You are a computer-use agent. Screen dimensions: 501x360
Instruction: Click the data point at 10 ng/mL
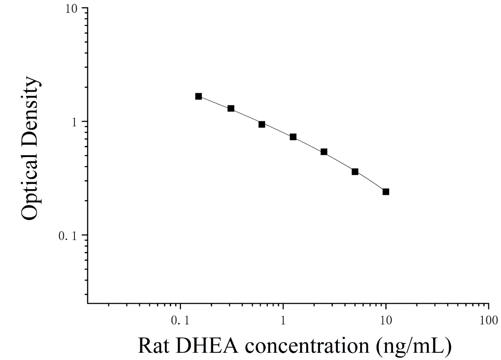(x=386, y=192)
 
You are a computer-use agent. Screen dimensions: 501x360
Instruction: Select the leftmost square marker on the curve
(x=198, y=96)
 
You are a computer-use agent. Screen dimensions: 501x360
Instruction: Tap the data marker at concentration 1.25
(x=293, y=137)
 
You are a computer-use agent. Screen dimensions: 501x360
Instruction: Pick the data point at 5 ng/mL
(x=355, y=172)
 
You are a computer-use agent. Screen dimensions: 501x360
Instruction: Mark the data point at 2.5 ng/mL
(x=324, y=152)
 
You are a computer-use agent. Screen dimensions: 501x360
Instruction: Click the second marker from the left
(x=231, y=108)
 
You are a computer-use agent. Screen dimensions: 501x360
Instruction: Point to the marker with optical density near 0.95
(x=262, y=124)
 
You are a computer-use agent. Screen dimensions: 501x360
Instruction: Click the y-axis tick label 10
(x=72, y=8)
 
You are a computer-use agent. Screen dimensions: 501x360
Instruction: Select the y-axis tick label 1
(x=75, y=122)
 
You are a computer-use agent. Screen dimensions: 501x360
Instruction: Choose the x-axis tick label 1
(x=283, y=320)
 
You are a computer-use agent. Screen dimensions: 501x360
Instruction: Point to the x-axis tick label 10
(x=386, y=320)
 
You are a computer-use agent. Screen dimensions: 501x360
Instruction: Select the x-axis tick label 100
(x=489, y=320)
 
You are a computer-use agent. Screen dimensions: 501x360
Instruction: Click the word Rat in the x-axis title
(x=154, y=346)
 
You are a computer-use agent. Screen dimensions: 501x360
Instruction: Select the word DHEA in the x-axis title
(x=207, y=346)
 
